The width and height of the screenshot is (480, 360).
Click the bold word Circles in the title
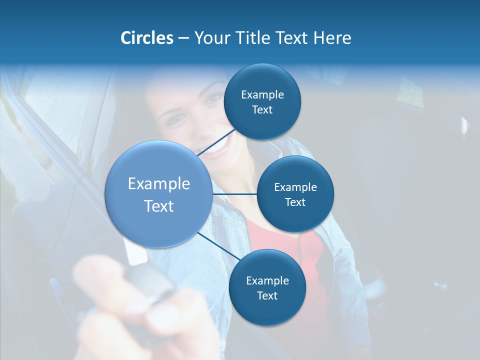tap(146, 38)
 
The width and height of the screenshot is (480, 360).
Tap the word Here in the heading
tap(332, 38)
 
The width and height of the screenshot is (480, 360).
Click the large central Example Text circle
tap(158, 194)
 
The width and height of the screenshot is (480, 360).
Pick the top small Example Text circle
tap(262, 102)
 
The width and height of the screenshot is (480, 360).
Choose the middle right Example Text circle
tap(295, 194)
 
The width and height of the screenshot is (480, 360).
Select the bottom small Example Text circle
tap(267, 287)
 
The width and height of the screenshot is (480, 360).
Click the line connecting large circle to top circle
tap(216, 142)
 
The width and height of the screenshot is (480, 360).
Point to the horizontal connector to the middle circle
tap(234, 194)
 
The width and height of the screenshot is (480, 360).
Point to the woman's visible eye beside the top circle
tap(214, 97)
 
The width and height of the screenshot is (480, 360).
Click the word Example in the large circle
tap(158, 184)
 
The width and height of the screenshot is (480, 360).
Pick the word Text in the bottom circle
tap(267, 295)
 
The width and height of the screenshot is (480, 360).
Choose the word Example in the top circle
tap(262, 94)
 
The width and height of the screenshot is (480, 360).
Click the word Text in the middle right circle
tap(295, 202)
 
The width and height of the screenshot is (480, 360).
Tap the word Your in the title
tap(210, 38)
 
